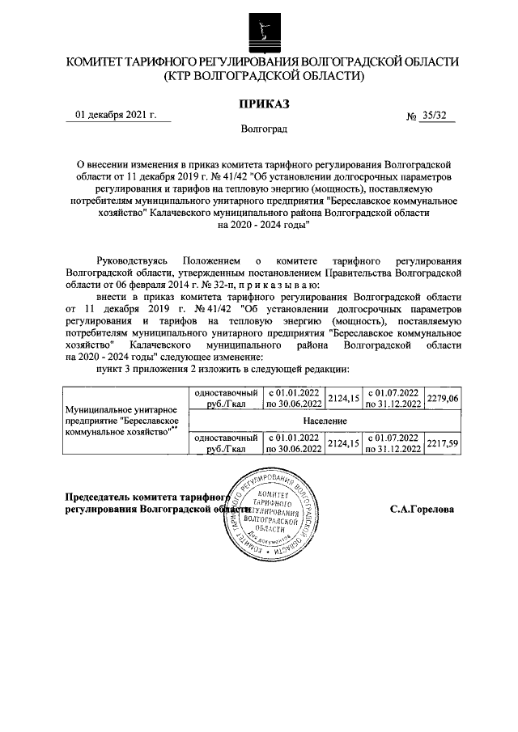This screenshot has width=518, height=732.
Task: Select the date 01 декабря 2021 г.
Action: pos(116,115)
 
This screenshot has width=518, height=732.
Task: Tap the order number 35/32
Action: pos(439,116)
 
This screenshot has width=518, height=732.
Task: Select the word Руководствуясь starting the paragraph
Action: pos(131,262)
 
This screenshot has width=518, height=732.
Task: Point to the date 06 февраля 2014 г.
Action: pos(132,286)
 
